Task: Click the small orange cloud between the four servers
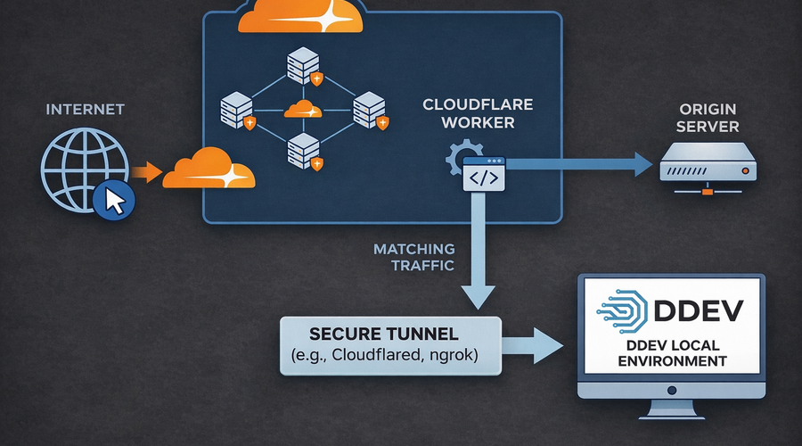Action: [302, 111]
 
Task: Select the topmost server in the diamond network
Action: [302, 68]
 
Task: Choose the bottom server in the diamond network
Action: [302, 151]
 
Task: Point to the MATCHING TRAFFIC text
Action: [414, 257]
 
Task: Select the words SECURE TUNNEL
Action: [384, 335]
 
